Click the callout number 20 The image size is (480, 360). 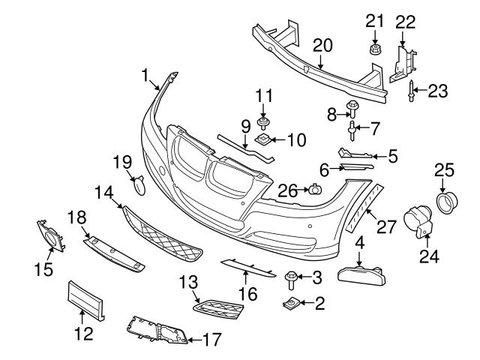pos(322,45)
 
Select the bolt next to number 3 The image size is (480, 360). pos(291,280)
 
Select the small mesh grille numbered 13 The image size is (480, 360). pos(217,307)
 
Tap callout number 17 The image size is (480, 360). pos(212,340)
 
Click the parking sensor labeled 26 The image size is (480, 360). pos(315,191)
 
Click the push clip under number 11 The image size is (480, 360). pos(263,122)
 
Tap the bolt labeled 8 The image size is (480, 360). pos(351,108)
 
